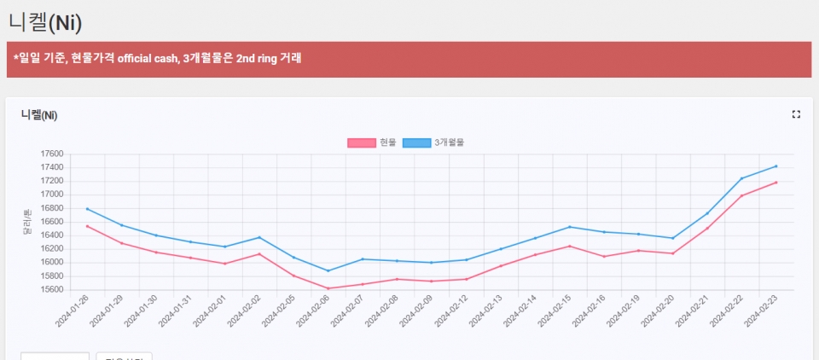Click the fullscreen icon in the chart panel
tap(796, 114)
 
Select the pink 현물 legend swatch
tap(361, 142)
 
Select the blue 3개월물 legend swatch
tap(416, 142)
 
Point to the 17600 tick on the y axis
tap(52, 154)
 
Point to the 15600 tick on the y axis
tap(52, 289)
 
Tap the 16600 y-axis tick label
tap(52, 222)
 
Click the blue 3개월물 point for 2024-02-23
tap(775, 166)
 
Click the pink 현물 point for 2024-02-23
tap(775, 183)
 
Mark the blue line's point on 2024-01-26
tap(87, 209)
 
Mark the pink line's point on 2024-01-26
tap(87, 226)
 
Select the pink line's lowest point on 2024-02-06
tap(328, 288)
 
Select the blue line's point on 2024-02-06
tap(328, 270)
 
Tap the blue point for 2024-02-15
tap(569, 227)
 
